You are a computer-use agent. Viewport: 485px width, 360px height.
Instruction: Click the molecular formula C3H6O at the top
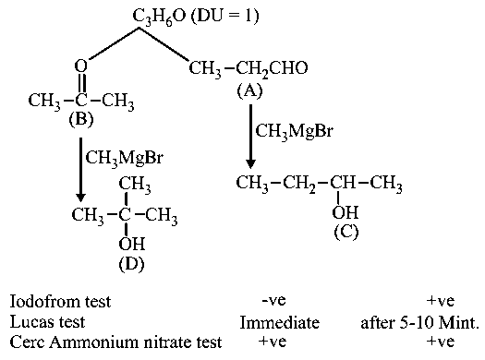(x=159, y=17)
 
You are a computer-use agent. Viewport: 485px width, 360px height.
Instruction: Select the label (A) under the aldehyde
(x=250, y=90)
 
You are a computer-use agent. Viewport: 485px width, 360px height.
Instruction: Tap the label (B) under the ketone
(x=81, y=119)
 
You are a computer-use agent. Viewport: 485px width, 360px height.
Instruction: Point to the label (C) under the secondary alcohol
(x=346, y=232)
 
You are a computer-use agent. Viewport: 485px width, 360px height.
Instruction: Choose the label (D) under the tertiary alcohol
(x=131, y=264)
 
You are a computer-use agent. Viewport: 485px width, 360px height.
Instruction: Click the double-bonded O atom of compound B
(x=81, y=66)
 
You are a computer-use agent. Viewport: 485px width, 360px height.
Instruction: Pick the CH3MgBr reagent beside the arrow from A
(x=294, y=131)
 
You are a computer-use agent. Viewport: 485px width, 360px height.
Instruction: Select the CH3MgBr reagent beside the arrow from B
(x=125, y=158)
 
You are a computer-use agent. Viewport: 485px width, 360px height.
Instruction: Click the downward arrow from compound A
(x=250, y=137)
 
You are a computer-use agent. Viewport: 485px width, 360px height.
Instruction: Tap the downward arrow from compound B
(x=80, y=170)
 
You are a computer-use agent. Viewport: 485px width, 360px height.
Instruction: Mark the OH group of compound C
(x=346, y=212)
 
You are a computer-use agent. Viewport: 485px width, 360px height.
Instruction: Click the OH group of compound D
(x=132, y=244)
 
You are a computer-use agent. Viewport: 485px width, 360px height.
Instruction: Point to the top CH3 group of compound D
(x=135, y=184)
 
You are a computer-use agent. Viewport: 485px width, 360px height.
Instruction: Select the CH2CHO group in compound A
(x=272, y=68)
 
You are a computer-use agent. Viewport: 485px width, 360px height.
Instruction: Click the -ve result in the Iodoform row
(x=273, y=300)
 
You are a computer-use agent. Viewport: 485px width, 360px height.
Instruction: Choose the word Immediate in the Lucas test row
(x=280, y=322)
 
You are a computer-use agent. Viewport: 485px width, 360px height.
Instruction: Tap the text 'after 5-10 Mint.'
(x=419, y=323)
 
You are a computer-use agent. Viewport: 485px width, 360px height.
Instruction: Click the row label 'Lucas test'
(x=47, y=321)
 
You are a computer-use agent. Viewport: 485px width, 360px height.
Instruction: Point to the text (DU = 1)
(x=224, y=16)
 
